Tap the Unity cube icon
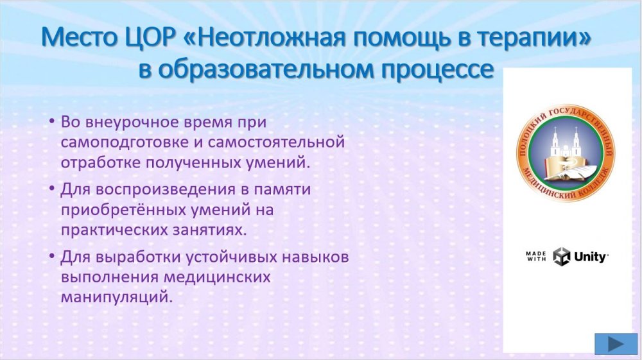click(x=561, y=257)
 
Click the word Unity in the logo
click(x=591, y=257)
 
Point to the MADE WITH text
click(x=536, y=257)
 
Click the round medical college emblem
click(x=566, y=153)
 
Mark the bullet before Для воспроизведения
click(x=51, y=189)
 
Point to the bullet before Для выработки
click(x=51, y=256)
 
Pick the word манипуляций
click(x=115, y=297)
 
